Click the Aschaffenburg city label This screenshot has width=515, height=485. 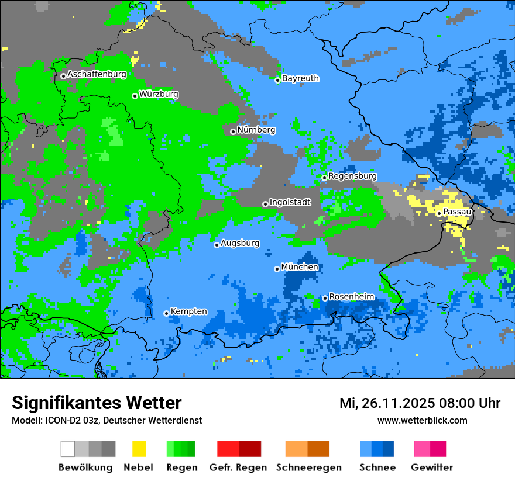pyautogui.click(x=97, y=74)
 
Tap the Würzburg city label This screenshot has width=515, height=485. pyautogui.click(x=159, y=94)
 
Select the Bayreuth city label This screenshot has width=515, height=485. pyautogui.click(x=300, y=78)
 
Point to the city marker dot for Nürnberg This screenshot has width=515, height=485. pyautogui.click(x=233, y=131)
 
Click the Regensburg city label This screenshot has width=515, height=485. pyautogui.click(x=352, y=176)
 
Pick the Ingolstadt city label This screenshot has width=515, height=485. pyautogui.click(x=290, y=202)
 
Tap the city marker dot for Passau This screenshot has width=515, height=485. pyautogui.click(x=439, y=213)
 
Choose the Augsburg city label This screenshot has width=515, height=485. pyautogui.click(x=240, y=243)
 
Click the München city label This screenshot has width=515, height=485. pyautogui.click(x=300, y=267)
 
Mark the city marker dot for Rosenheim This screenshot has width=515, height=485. pyautogui.click(x=325, y=298)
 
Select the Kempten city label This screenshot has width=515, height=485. pyautogui.click(x=188, y=311)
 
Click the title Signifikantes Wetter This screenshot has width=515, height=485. pyautogui.click(x=97, y=403)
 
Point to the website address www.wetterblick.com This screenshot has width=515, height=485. pyautogui.click(x=422, y=421)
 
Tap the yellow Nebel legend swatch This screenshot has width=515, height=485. pyautogui.click(x=139, y=449)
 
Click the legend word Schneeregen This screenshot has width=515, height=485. pyautogui.click(x=308, y=467)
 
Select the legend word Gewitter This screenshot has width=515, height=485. pyautogui.click(x=431, y=467)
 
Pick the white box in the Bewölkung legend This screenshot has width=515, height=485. pyautogui.click(x=68, y=449)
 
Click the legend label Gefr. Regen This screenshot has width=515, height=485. pyautogui.click(x=238, y=467)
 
